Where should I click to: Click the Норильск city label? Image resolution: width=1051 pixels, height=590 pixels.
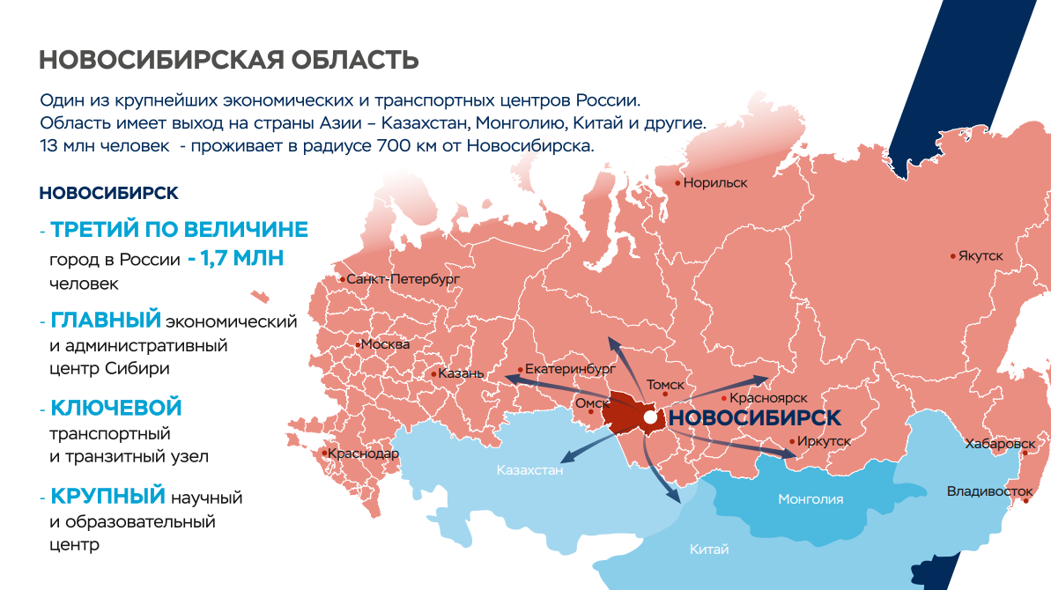715,183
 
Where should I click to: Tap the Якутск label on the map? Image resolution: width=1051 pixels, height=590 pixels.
981,255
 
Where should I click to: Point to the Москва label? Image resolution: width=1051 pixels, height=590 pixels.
386,344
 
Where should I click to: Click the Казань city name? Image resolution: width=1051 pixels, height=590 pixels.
462,373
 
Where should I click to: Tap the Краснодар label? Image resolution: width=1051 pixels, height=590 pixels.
363,454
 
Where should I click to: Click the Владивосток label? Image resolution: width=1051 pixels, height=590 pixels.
989,490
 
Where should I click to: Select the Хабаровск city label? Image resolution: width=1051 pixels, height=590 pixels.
1000,444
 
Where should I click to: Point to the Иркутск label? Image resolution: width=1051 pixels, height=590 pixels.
825,441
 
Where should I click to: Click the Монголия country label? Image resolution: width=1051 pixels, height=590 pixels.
810,499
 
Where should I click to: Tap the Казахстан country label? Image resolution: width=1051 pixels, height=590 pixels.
529,470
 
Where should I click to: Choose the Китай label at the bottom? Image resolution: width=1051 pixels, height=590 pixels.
709,550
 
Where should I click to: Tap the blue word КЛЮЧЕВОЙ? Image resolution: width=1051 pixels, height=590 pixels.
116,409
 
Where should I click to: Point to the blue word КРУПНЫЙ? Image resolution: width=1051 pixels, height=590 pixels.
108,496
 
